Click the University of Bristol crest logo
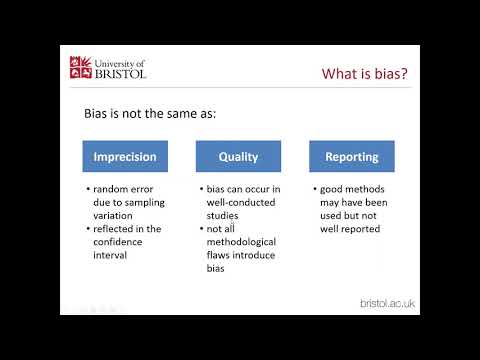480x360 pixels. coord(81,68)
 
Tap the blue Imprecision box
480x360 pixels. coord(125,156)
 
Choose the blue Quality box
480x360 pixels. coord(239,156)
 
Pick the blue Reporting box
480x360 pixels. coord(352,156)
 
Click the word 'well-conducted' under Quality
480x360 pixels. coord(242,201)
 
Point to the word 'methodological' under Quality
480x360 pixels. coord(246,241)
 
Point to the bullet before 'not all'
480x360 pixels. coord(200,228)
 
